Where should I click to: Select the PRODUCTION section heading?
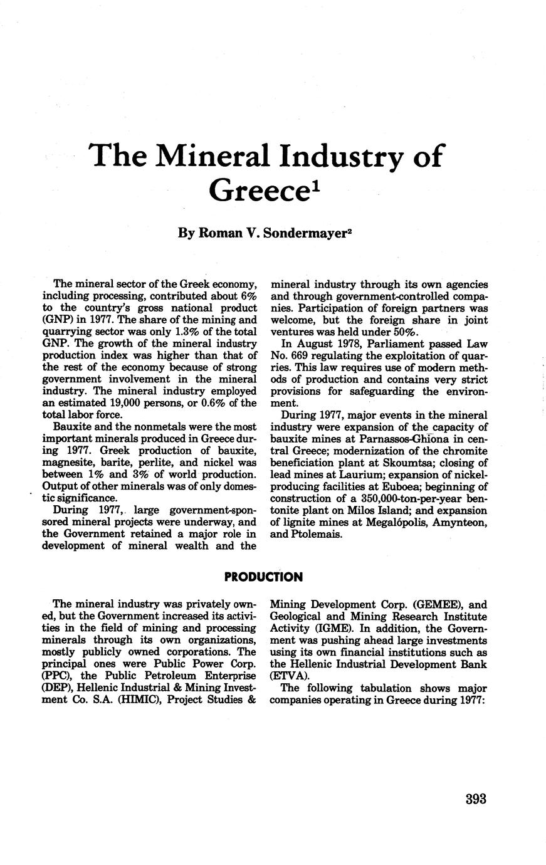coord(273,577)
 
